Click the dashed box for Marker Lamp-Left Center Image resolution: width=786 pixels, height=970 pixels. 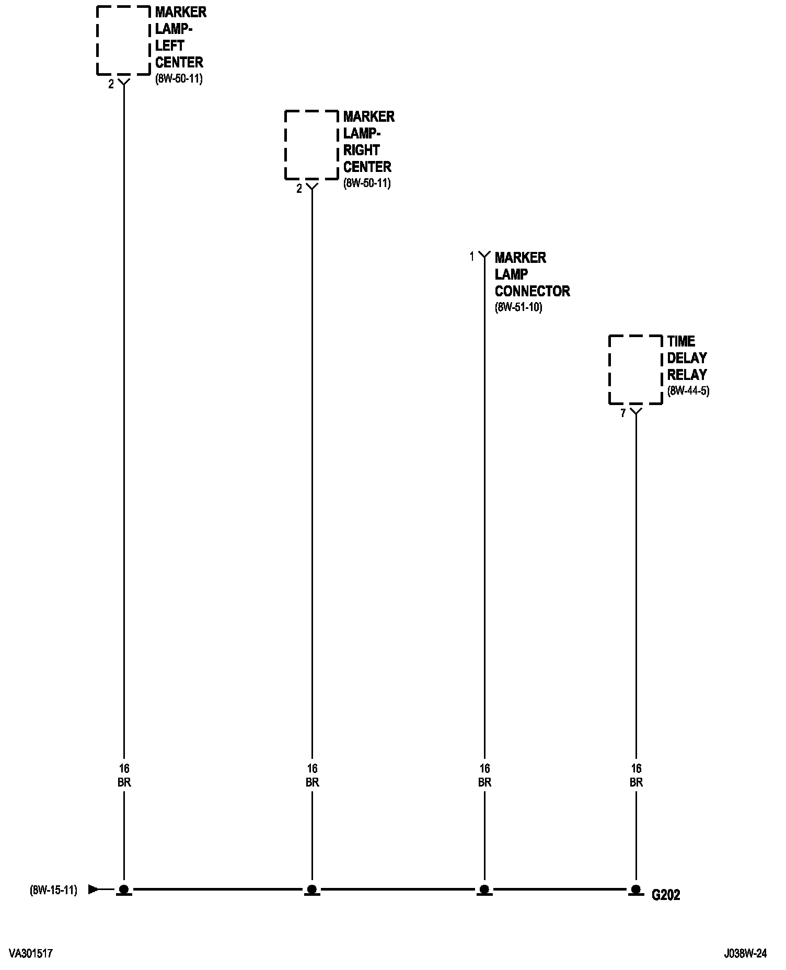(x=123, y=40)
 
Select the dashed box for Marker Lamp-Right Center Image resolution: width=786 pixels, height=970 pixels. (x=311, y=145)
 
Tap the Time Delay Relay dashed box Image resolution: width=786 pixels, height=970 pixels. (x=635, y=369)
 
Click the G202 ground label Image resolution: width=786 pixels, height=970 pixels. (x=666, y=895)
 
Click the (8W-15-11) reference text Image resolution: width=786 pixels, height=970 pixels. (x=53, y=890)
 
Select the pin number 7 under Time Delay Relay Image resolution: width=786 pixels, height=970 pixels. (x=623, y=413)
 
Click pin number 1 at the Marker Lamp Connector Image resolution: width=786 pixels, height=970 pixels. (x=472, y=257)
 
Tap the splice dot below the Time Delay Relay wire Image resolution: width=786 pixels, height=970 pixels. (x=635, y=889)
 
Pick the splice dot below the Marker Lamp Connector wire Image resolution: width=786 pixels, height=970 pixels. (x=484, y=889)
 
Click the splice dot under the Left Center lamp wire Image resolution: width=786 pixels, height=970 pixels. (x=124, y=889)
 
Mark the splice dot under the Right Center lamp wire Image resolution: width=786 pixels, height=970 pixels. (x=311, y=889)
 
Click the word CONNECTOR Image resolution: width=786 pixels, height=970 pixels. (x=532, y=291)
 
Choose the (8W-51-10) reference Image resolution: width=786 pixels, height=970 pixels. (x=518, y=307)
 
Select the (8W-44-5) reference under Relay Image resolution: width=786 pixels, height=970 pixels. (x=688, y=391)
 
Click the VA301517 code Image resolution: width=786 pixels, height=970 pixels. (x=31, y=954)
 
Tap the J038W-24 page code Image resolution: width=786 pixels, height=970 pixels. (x=745, y=954)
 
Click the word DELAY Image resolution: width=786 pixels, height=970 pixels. (x=687, y=358)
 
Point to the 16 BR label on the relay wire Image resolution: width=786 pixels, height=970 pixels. (x=636, y=776)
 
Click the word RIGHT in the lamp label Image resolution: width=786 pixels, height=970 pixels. (x=361, y=150)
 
